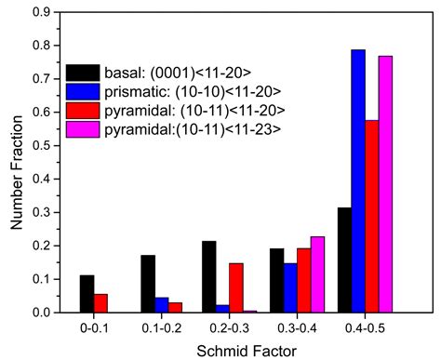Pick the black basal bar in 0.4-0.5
pyautogui.click(x=343, y=260)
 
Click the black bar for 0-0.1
pyautogui.click(x=87, y=294)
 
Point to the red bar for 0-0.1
pyautogui.click(x=101, y=303)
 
